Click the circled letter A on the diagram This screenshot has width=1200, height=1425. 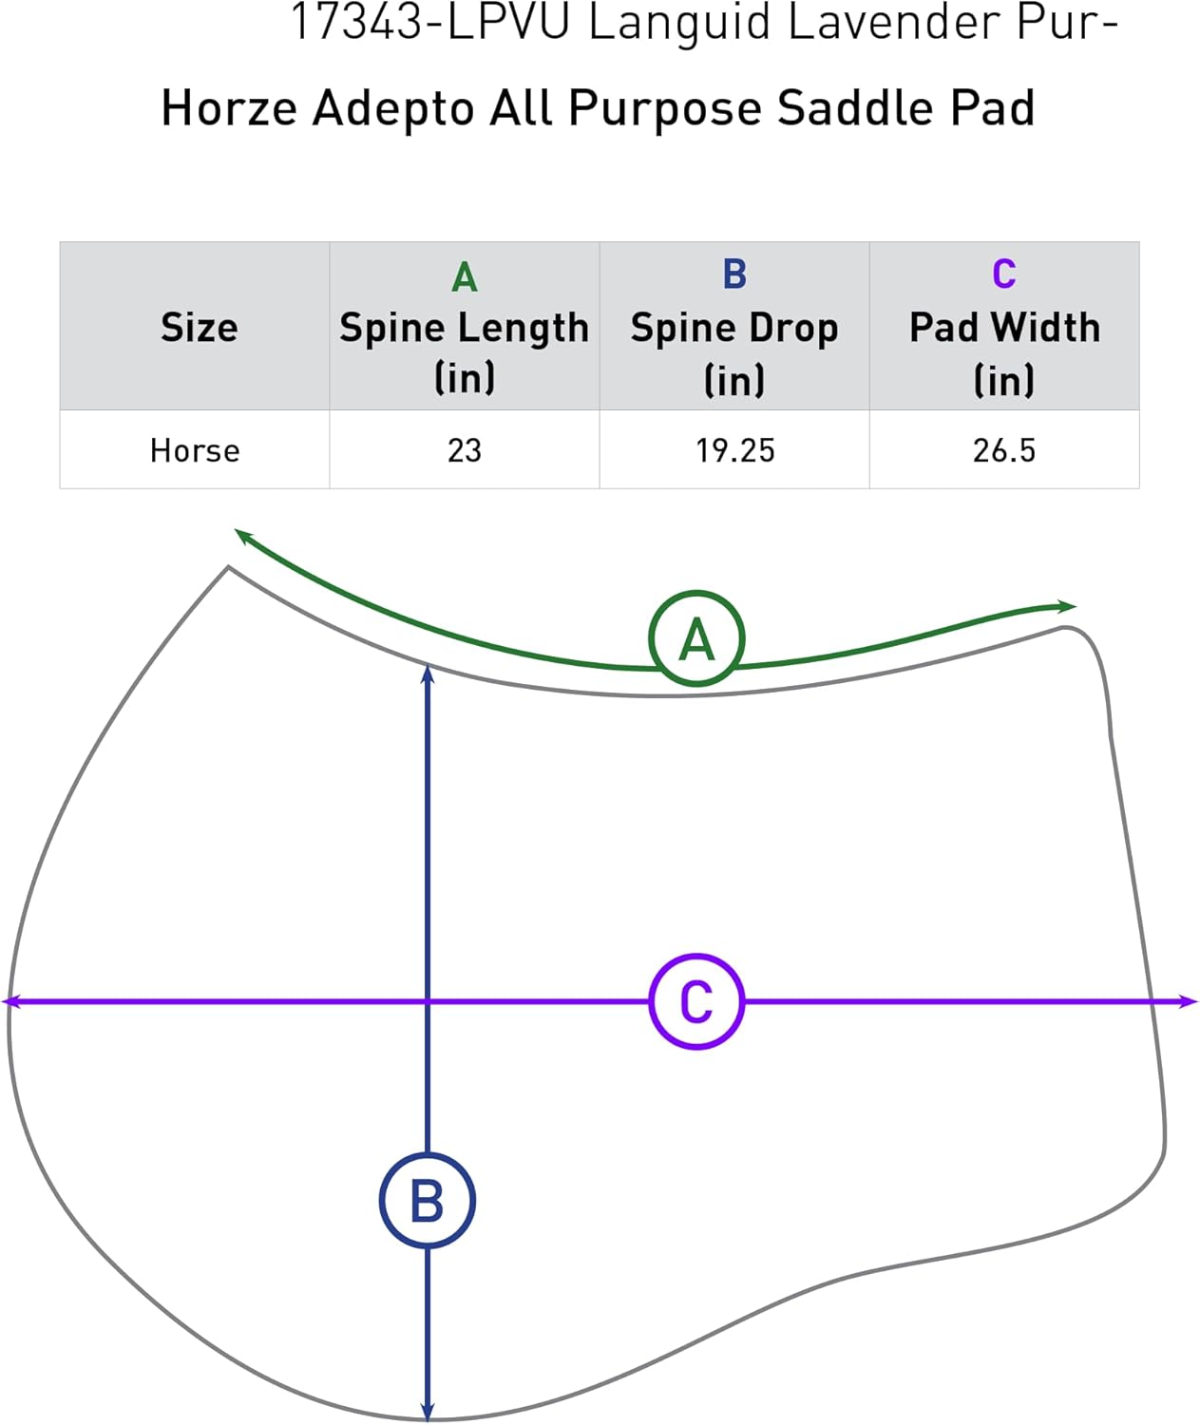coord(696,638)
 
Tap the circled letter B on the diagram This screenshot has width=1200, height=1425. coord(427,1201)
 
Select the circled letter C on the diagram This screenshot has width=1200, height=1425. coord(696,1001)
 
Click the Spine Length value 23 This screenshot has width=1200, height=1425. coord(465,450)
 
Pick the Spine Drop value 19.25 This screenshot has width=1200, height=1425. coord(734,450)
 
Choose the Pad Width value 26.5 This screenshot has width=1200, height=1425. coord(1004,450)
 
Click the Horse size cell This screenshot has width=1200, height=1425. coord(195,450)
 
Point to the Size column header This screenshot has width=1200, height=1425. coord(199,327)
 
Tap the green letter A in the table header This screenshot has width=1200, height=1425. coord(464,277)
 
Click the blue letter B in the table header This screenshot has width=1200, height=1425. coord(734,275)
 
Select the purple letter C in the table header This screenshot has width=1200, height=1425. coord(1004,275)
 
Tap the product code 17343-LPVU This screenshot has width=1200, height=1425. coord(429,23)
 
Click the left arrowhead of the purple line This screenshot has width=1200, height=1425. coord(11,1001)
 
